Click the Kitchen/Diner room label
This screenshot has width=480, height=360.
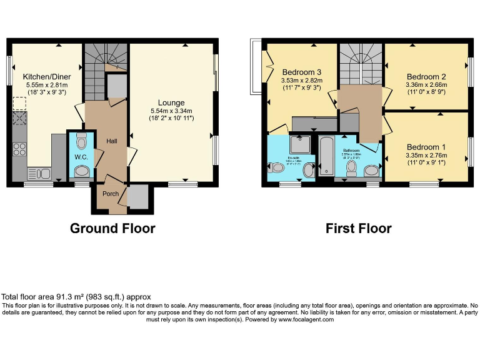point(46,76)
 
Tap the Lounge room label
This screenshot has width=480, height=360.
point(171,102)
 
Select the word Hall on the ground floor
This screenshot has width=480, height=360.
point(111,141)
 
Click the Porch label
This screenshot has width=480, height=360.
point(111,194)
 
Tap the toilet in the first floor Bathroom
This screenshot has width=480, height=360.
point(371,170)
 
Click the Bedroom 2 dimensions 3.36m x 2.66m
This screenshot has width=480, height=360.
point(426,84)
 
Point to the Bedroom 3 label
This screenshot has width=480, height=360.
point(301,71)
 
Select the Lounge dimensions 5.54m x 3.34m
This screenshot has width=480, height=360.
point(171,111)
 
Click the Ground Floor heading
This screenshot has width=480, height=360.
point(112,228)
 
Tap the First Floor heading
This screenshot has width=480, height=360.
point(358,228)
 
